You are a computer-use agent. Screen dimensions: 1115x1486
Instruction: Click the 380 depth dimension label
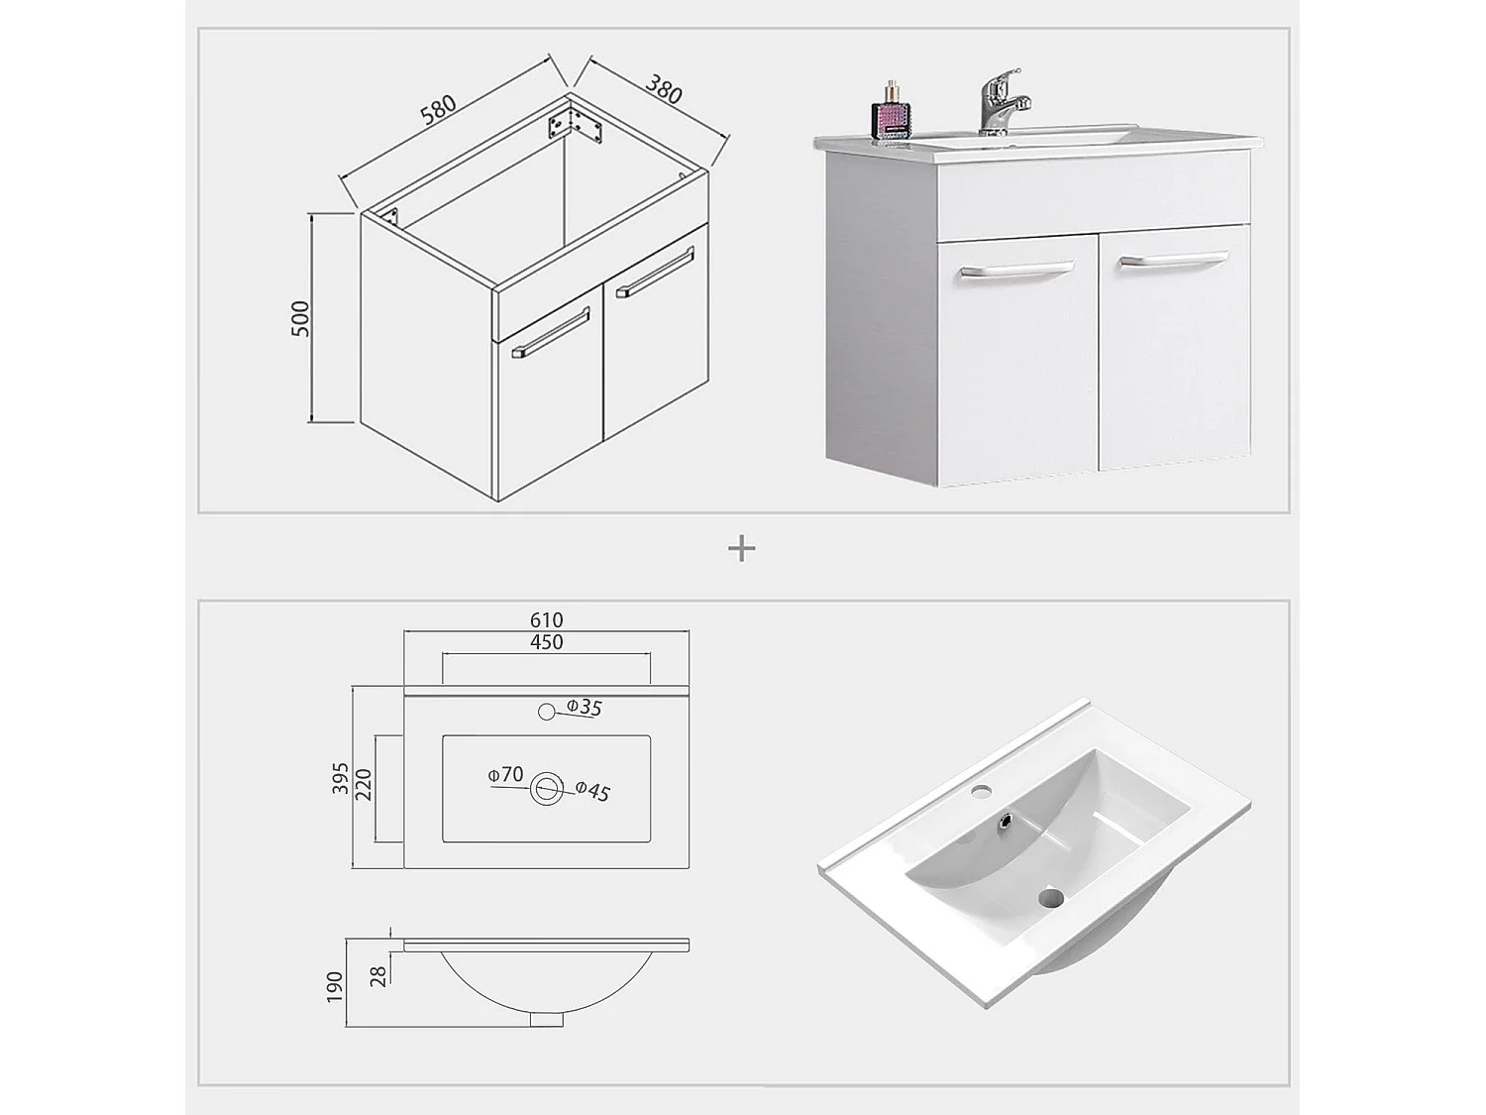pyautogui.click(x=664, y=89)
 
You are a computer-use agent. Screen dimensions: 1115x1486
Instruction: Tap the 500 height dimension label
pyautogui.click(x=300, y=318)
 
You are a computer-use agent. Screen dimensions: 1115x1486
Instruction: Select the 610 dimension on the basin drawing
pyautogui.click(x=546, y=620)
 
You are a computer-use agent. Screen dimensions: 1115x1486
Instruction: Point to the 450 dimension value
pyautogui.click(x=546, y=642)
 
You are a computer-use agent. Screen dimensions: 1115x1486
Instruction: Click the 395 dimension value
pyautogui.click(x=340, y=779)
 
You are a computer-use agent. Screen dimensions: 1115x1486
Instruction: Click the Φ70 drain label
pyautogui.click(x=505, y=774)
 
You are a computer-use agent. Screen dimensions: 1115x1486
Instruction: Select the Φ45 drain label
pyautogui.click(x=591, y=790)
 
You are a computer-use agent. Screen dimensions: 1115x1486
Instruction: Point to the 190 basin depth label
pyautogui.click(x=334, y=985)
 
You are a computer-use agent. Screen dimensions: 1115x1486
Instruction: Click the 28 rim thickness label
pyautogui.click(x=377, y=976)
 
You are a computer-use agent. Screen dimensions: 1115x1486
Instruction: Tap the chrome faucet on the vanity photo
pyautogui.click(x=1000, y=101)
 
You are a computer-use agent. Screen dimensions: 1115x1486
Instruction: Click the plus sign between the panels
pyautogui.click(x=742, y=548)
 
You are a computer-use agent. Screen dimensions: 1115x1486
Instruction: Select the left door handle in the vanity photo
pyautogui.click(x=1015, y=270)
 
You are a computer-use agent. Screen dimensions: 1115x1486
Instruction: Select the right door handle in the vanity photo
pyautogui.click(x=1172, y=260)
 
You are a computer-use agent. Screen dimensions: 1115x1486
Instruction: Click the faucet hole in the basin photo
pyautogui.click(x=983, y=791)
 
